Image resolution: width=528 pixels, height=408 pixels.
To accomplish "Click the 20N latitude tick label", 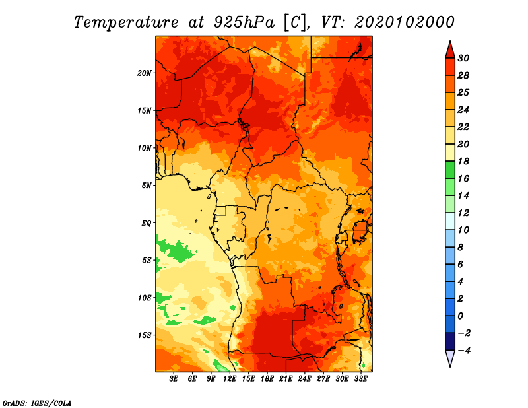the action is [145, 73].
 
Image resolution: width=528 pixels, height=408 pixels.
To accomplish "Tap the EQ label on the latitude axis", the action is [146, 223].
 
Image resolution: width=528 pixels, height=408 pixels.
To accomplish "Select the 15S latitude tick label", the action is [145, 335].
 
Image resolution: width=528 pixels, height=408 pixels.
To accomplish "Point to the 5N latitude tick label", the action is [147, 186].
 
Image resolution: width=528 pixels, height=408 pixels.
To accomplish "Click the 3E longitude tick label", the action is [174, 379].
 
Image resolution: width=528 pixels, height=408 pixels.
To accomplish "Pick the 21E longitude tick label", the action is [286, 379].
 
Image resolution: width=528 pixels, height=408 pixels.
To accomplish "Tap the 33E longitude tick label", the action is [360, 379].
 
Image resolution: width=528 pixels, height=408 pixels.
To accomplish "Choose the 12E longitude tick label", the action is [230, 379].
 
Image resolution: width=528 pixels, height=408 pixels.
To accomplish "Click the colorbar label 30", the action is [463, 58].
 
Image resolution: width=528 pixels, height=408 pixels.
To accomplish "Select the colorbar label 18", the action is [463, 161].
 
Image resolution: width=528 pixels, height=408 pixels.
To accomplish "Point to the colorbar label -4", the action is [464, 351].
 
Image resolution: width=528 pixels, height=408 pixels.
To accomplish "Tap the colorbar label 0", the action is [460, 316].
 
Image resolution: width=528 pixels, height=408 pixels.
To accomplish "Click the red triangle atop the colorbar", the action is [450, 50].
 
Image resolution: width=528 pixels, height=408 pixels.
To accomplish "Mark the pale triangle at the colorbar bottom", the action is [450, 358].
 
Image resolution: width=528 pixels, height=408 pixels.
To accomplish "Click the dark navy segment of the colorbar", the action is [450, 341].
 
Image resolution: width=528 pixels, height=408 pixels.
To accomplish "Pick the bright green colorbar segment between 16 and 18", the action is [450, 170].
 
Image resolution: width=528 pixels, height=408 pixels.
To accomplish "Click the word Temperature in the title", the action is [126, 22].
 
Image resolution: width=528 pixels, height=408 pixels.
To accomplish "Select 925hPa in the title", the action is [244, 22].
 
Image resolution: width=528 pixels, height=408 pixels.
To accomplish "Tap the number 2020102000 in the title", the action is [405, 22].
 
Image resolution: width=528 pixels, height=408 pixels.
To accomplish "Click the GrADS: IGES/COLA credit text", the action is [37, 403].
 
